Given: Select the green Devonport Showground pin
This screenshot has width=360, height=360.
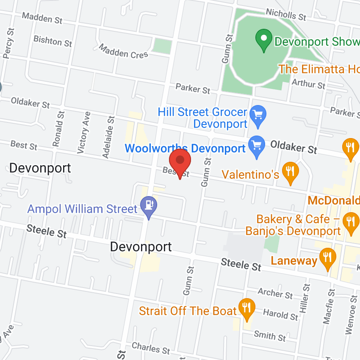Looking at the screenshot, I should (264, 39).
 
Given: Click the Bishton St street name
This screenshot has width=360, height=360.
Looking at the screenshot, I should (53, 41).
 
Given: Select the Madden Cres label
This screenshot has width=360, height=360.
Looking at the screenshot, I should (123, 51).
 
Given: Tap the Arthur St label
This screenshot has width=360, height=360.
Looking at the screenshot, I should (309, 83).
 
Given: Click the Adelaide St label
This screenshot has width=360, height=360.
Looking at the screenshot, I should (108, 137).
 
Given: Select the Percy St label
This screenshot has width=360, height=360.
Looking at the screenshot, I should (8, 43).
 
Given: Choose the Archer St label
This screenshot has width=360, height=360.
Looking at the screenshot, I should (275, 292).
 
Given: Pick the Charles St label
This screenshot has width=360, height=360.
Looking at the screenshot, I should (151, 348).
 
